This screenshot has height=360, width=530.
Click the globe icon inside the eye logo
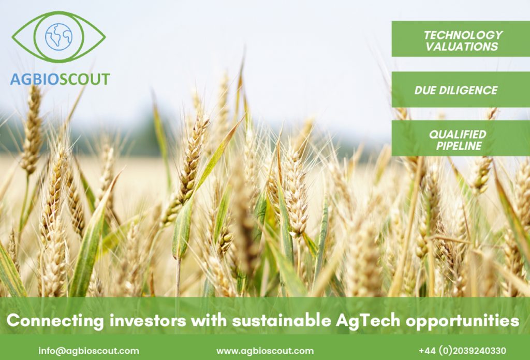[59, 37]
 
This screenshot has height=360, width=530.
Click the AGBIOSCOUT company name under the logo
[60, 79]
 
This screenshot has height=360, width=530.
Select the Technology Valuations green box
[461, 39]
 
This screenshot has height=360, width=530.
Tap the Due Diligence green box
[461, 90]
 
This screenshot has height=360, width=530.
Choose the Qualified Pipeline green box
[461, 138]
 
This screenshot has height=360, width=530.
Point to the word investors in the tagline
[148, 320]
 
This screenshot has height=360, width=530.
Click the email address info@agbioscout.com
[89, 351]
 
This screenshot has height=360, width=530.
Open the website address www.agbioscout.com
[265, 351]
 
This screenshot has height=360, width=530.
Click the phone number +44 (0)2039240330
[462, 351]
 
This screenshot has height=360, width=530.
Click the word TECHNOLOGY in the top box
[463, 35]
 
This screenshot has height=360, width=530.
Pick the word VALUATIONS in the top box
[462, 47]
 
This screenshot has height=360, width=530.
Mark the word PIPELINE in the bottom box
[459, 146]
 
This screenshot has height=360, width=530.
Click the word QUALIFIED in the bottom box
[458, 134]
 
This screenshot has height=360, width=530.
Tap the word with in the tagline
[209, 320]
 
